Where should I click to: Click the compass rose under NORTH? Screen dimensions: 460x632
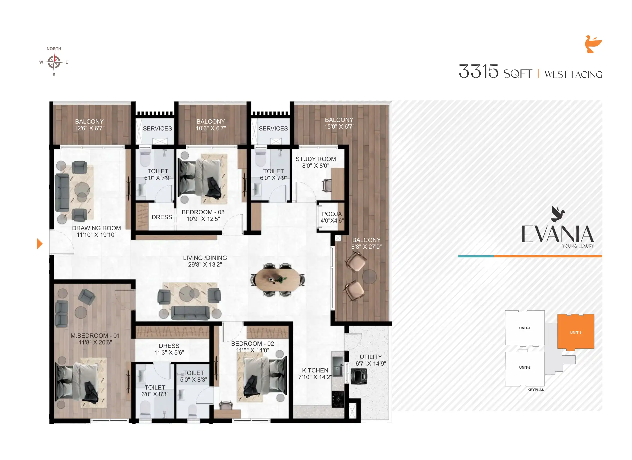click(54, 62)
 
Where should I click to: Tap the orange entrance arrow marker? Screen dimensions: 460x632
click(40, 244)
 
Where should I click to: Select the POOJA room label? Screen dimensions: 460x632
click(332, 217)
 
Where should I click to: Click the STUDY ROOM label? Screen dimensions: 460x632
click(315, 162)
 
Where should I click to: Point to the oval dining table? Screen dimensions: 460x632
click(277, 279)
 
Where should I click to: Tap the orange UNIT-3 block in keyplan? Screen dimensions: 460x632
click(575, 332)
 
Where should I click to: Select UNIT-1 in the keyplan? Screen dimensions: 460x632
click(525, 328)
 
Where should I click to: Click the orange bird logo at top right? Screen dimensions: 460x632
click(593, 44)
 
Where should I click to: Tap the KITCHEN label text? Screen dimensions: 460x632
click(315, 370)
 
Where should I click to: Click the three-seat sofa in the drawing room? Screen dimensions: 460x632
click(62, 192)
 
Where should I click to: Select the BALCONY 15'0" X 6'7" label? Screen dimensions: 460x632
click(339, 123)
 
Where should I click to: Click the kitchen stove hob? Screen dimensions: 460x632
click(338, 399)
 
